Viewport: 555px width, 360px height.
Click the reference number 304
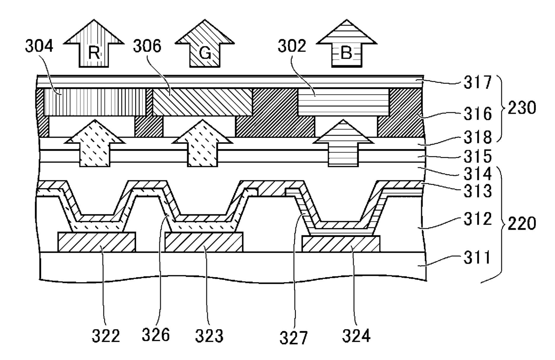[39, 46]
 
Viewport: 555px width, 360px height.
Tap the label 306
[147, 46]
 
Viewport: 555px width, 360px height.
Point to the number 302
[292, 46]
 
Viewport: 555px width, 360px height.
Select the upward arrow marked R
[94, 43]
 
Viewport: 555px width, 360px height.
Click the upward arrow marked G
[205, 43]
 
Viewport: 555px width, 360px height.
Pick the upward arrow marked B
[346, 43]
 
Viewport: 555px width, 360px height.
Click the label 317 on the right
[478, 82]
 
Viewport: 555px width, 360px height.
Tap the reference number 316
[478, 114]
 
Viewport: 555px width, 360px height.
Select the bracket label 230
[522, 108]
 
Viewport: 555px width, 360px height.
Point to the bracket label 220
[522, 223]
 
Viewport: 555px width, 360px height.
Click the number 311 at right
[477, 257]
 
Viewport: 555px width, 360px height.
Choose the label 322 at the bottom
[106, 336]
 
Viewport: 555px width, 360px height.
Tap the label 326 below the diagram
[156, 334]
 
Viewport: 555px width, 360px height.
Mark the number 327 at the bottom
[293, 338]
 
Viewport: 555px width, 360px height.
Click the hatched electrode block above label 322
[97, 242]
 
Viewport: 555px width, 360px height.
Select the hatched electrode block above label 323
[204, 242]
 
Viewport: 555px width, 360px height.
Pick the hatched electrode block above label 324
[341, 244]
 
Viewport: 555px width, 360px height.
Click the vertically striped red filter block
[95, 102]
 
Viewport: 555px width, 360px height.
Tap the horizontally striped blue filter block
[343, 102]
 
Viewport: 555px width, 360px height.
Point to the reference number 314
[478, 174]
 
